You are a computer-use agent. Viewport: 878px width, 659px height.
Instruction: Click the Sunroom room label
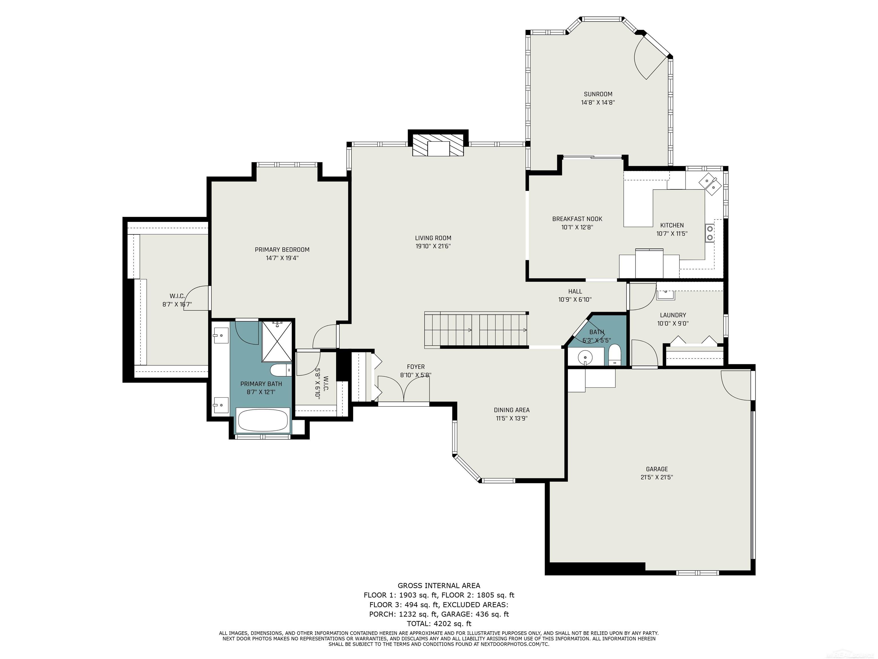[598, 94]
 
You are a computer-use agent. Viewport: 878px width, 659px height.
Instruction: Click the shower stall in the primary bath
[277, 341]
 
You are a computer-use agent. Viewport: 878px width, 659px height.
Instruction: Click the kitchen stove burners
[709, 233]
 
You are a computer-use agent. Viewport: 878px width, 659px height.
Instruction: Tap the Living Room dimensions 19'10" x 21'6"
[433, 246]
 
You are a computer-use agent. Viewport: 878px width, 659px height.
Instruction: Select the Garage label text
[657, 469]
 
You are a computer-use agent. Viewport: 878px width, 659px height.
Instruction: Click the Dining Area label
[512, 410]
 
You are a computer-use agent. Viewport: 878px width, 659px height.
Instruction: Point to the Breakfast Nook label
[577, 219]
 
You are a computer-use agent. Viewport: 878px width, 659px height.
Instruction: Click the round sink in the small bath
[585, 356]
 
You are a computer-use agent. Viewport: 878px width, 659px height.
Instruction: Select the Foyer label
[416, 367]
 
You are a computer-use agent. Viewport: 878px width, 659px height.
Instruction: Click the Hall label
[575, 291]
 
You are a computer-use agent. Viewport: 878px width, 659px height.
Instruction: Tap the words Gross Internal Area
[439, 585]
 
